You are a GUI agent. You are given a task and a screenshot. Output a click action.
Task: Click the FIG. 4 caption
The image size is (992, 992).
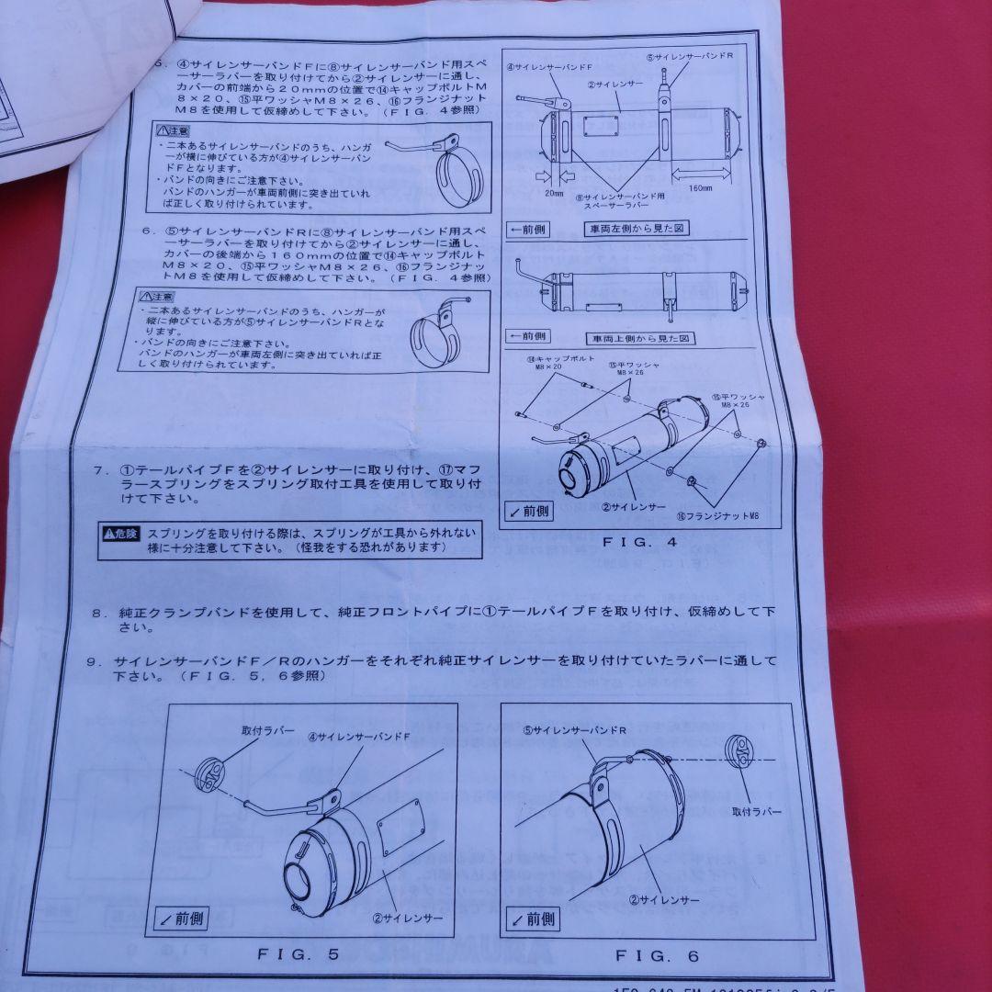(x=639, y=542)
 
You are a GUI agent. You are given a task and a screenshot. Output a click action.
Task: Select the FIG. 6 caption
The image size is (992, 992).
(x=657, y=956)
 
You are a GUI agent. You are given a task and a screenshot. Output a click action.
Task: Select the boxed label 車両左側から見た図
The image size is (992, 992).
(x=636, y=228)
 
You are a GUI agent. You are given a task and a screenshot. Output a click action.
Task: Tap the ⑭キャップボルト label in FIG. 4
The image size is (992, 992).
(x=558, y=361)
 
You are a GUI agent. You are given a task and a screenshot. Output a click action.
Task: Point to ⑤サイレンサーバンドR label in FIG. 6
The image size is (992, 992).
(x=575, y=730)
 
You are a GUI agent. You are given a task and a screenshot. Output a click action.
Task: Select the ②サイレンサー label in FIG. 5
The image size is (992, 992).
(x=410, y=918)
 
